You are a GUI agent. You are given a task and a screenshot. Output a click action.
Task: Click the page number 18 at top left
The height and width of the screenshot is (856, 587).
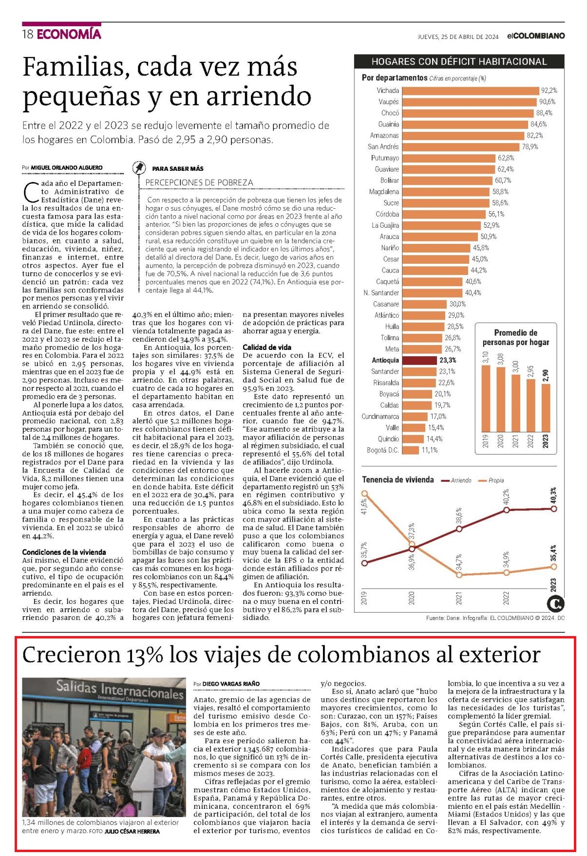click(x=28, y=34)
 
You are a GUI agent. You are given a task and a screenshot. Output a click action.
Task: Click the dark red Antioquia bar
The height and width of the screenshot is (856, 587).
click(x=419, y=361)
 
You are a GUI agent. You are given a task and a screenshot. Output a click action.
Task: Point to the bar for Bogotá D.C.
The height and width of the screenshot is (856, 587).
click(x=411, y=450)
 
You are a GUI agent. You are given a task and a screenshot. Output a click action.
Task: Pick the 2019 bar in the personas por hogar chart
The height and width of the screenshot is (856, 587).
click(x=486, y=399)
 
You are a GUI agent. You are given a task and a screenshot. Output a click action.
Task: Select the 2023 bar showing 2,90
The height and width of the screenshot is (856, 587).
click(x=545, y=408)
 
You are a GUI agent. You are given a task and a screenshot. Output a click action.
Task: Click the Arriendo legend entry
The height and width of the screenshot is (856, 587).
click(x=456, y=480)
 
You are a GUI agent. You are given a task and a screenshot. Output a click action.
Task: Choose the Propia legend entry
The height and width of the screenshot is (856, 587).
click(x=491, y=480)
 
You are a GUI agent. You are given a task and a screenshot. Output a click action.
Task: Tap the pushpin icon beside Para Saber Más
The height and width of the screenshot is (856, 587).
click(x=139, y=168)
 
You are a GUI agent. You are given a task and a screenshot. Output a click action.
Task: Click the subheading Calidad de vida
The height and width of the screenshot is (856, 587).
click(x=267, y=347)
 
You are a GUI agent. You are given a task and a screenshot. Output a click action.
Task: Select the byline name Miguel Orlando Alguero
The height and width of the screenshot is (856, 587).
click(x=67, y=167)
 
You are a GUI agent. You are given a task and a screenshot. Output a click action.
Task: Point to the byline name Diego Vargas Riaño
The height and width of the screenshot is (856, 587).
click(x=231, y=684)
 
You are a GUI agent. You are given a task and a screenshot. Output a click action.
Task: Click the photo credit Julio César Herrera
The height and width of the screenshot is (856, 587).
click(x=132, y=831)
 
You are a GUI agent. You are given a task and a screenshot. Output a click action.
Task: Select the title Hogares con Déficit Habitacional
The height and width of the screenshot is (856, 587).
click(x=459, y=62)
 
